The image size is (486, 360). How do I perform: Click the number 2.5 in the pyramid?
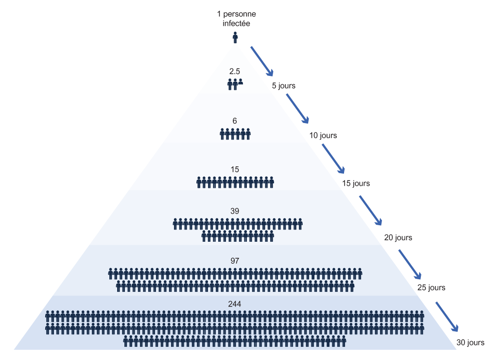(235, 72)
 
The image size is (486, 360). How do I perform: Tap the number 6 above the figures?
(235, 121)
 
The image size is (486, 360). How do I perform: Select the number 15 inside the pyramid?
(235, 169)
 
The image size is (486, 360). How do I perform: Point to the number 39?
(235, 211)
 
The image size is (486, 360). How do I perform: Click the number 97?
(235, 261)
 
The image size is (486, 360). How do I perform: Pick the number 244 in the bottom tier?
(235, 304)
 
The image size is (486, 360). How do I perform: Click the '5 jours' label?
(284, 86)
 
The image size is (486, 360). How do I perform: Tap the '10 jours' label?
(323, 136)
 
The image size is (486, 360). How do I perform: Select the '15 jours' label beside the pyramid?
(356, 183)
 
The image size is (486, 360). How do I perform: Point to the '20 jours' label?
(398, 238)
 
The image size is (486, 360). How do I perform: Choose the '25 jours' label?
(431, 288)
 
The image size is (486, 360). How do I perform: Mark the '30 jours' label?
(470, 342)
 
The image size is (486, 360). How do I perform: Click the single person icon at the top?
(235, 37)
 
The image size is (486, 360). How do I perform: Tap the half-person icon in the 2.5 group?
(241, 82)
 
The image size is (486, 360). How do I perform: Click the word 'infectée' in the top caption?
(236, 23)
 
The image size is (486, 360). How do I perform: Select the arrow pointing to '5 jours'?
(262, 61)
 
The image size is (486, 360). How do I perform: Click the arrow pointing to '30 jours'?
(447, 317)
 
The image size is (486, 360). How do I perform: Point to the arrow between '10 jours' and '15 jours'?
(333, 159)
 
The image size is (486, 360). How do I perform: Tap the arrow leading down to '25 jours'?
(410, 265)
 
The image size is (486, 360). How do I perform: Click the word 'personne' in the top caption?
(240, 14)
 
